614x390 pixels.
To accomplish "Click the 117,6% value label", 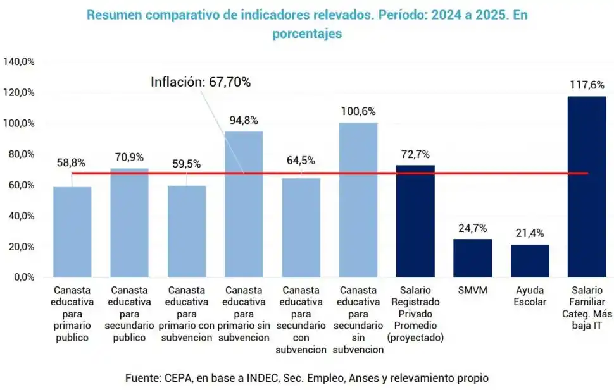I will [587, 85].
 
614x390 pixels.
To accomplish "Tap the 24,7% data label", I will [473, 228].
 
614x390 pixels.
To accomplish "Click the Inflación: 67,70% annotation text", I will [200, 82].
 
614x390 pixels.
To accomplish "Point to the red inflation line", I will [329, 173].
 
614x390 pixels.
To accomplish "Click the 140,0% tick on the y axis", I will [18, 62].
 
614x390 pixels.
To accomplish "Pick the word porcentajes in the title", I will [307, 34].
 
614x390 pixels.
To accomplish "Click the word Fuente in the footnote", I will [142, 378].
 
